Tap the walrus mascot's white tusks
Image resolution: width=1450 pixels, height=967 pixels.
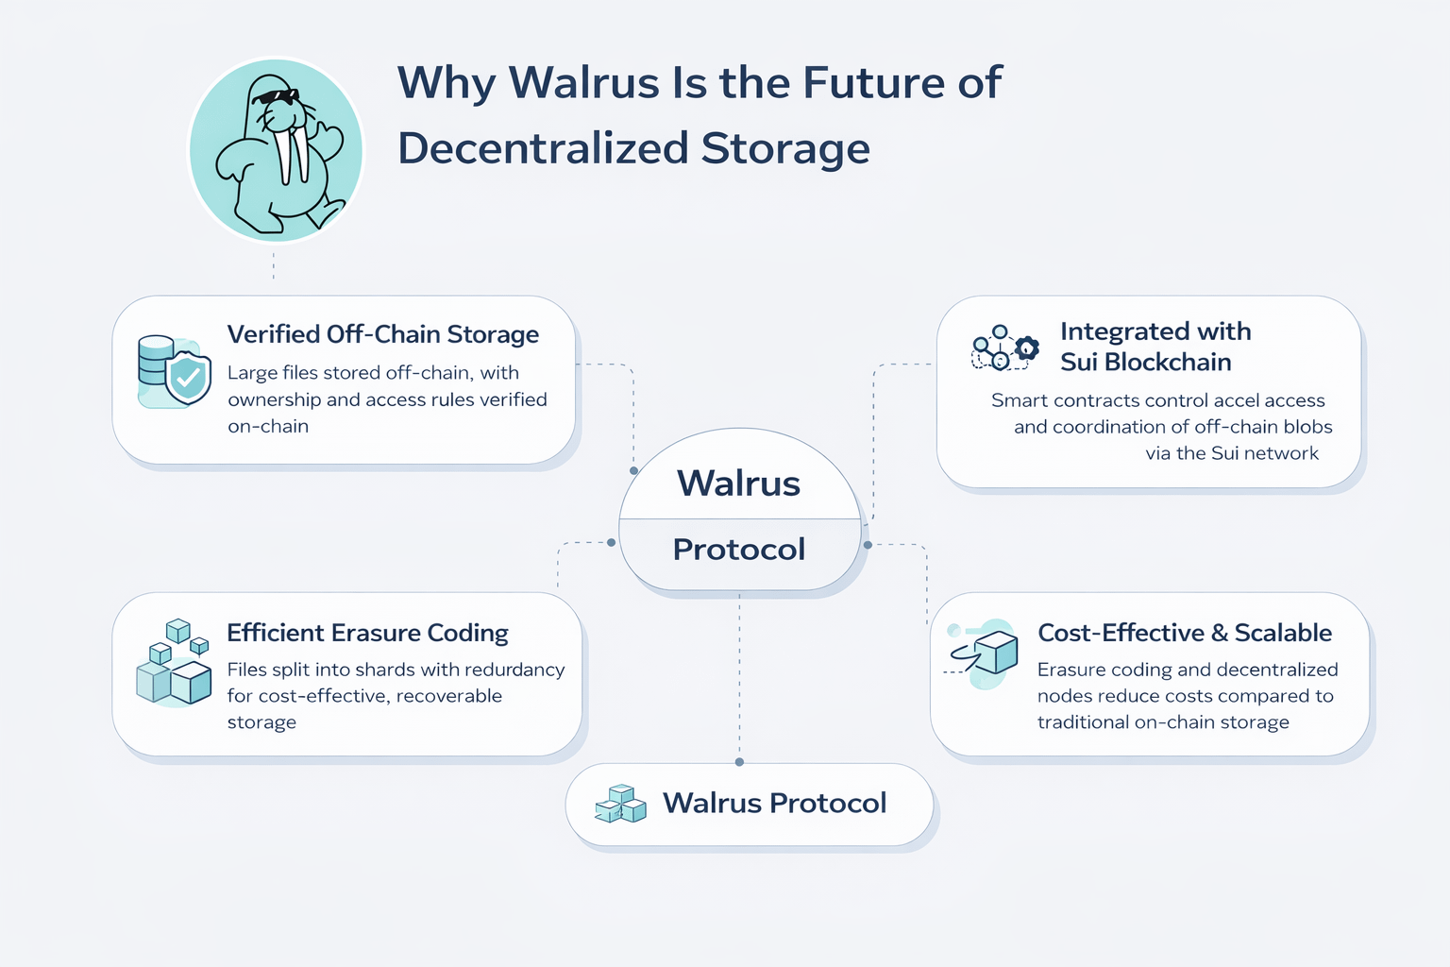[x=292, y=156]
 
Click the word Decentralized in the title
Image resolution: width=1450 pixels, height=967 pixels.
[x=543, y=148]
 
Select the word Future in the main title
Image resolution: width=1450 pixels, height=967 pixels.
[x=872, y=82]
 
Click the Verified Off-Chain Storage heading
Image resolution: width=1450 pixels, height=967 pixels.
[x=382, y=334]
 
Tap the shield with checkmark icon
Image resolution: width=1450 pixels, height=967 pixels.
[x=187, y=378]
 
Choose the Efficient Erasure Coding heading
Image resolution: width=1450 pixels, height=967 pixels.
[x=367, y=633]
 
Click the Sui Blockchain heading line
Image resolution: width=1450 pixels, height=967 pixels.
[x=1145, y=362]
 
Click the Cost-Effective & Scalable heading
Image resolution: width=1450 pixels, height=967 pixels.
[x=1184, y=633]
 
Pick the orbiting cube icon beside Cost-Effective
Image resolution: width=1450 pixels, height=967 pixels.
[x=986, y=653]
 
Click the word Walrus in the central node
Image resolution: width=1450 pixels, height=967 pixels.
[x=738, y=483]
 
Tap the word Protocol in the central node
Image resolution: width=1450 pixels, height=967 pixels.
[x=738, y=550]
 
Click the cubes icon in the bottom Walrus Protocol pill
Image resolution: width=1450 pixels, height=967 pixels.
[x=621, y=804]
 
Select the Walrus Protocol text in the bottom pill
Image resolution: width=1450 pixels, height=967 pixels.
[x=774, y=804]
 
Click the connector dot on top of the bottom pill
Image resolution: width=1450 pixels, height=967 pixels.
[x=739, y=762]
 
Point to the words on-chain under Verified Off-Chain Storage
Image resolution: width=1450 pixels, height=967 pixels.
[x=268, y=427]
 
